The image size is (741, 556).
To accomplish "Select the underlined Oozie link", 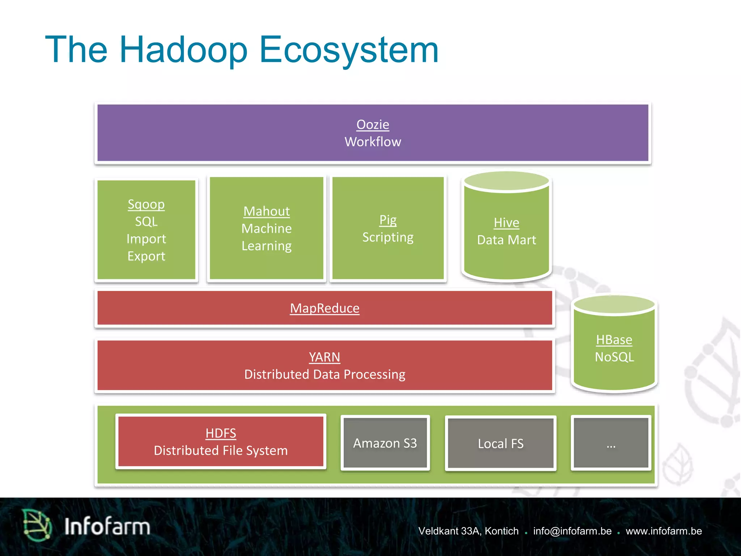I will tap(373, 125).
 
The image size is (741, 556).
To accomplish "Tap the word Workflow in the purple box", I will tap(373, 142).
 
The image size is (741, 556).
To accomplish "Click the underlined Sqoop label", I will tap(146, 205).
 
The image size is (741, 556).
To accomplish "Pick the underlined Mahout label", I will tap(267, 211).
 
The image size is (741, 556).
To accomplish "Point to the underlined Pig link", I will tap(388, 220).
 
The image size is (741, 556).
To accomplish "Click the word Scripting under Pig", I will tap(388, 237).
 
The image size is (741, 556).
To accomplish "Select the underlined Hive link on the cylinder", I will tap(506, 223).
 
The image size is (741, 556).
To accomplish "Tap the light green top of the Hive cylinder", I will tap(506, 181).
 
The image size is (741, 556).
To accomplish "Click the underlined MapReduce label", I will tap(325, 308).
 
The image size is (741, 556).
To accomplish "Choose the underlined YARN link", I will tap(325, 357).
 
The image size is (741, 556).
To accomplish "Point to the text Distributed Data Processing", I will tap(325, 375).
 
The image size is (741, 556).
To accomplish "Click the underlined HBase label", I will tap(614, 340).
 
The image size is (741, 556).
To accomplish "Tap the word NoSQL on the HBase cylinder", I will tap(614, 357).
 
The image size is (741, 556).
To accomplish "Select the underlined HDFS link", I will tap(221, 433).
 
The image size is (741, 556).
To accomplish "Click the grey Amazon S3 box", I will tap(385, 443).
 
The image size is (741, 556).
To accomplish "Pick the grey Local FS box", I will tap(500, 443).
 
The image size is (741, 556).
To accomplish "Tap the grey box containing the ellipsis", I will tap(611, 443).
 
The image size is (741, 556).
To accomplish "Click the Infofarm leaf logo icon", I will tap(36, 525).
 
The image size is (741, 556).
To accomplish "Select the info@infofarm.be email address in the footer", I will tap(572, 531).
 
